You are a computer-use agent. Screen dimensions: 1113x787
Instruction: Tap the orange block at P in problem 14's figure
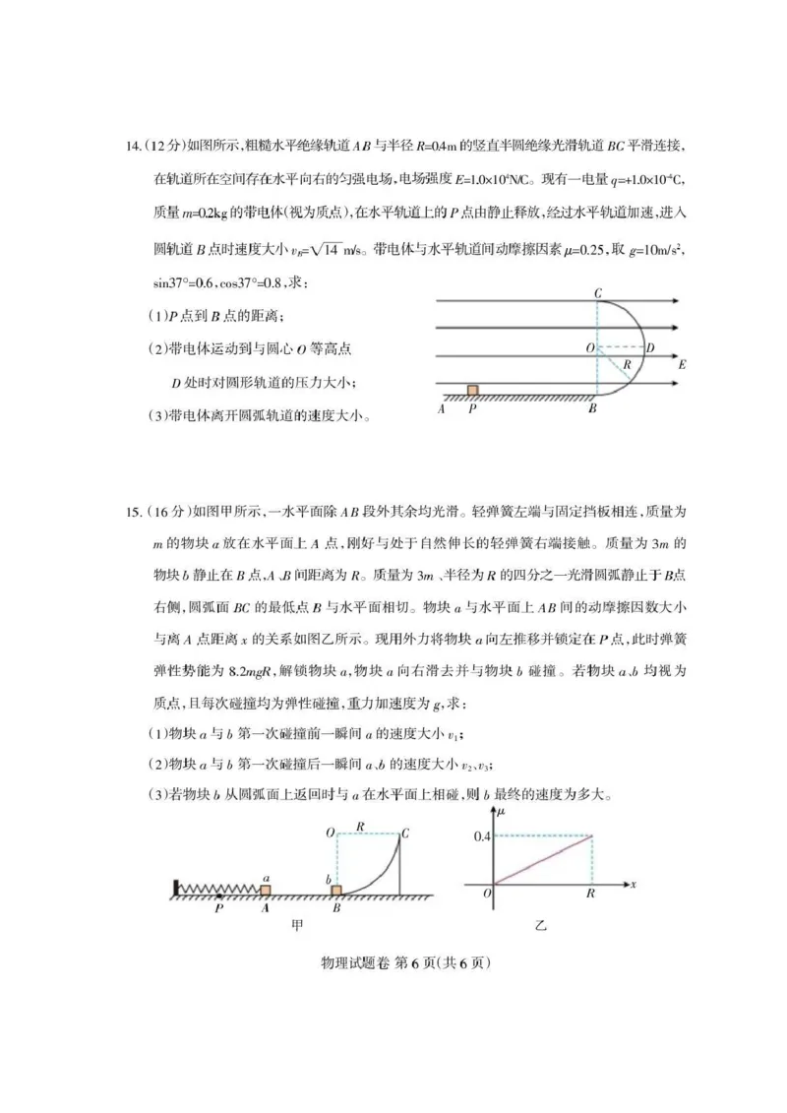point(473,391)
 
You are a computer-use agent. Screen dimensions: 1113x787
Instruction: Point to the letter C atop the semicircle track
point(597,292)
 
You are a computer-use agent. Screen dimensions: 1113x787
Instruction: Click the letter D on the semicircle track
point(652,347)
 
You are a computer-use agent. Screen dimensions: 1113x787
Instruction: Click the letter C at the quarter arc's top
point(404,833)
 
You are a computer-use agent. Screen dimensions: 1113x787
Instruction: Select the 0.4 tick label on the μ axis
point(479,836)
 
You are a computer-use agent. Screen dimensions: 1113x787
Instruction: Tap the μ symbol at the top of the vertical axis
point(502,813)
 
